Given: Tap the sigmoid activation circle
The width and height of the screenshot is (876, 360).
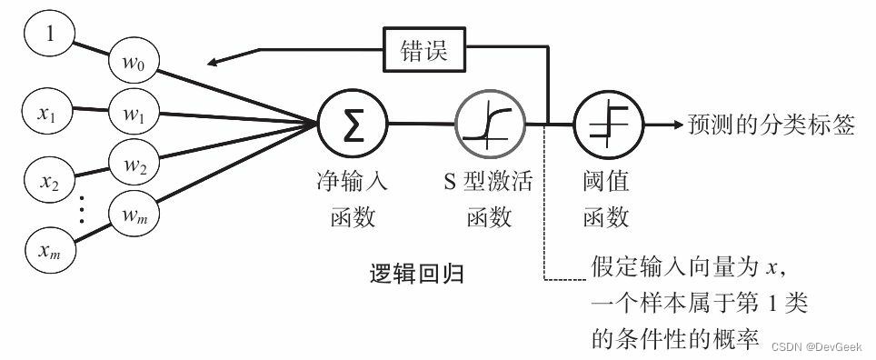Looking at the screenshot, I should [x=487, y=124].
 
